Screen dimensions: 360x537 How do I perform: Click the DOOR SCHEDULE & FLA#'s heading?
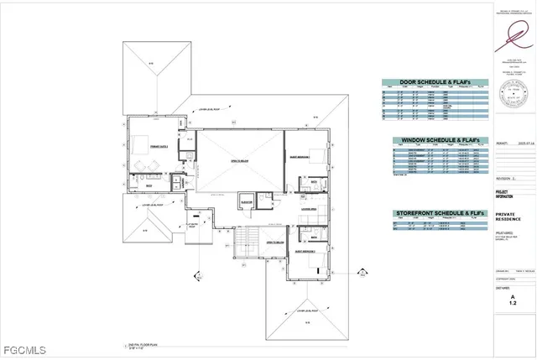435,83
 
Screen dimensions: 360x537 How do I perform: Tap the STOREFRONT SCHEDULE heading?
435,215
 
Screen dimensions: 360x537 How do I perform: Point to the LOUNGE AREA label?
308,209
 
